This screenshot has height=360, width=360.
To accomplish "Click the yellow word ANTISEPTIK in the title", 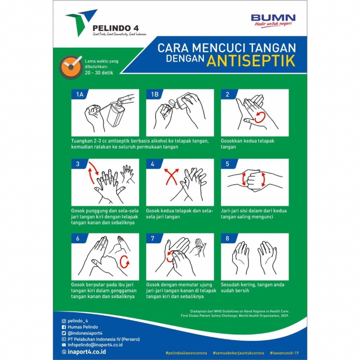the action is coord(251,60).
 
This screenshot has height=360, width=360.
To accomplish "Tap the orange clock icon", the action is coord(71,67).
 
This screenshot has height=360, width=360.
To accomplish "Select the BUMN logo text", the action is coord(273,18).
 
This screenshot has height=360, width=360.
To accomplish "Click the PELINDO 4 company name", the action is coord(115,28).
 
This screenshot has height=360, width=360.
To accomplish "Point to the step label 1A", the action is coord(80,94).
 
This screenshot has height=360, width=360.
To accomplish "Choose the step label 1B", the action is coord(155,94).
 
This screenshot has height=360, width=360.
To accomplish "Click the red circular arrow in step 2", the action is coord(260,117).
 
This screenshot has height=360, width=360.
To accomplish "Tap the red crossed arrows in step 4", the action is coord(171,176).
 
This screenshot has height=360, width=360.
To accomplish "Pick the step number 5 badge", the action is coord(227,164).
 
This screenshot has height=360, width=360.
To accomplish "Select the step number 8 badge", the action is coord(227,238).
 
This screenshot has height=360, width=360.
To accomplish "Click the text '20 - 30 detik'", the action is coord(99,73).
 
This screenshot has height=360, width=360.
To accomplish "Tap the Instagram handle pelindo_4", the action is coord(78,321).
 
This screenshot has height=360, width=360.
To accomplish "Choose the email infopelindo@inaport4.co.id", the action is coord(95,345).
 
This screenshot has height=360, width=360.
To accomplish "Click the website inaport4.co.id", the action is coord(86,352).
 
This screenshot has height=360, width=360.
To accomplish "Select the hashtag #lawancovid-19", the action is coord(284,353).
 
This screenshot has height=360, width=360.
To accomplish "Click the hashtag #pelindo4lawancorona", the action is coord(186,353).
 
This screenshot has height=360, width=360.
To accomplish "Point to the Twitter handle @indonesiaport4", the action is coord(85,333).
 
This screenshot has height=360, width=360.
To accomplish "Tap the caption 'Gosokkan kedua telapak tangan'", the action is coord(247,144).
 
